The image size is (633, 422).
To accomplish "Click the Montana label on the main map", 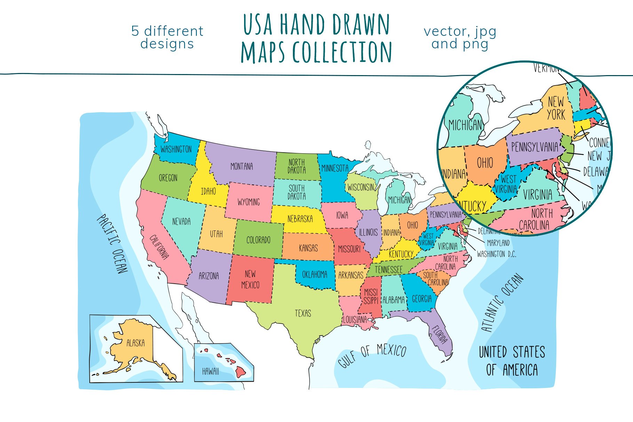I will [241, 167].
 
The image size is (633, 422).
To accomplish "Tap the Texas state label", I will [303, 313].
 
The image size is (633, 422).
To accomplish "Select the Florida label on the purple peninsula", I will [440, 334].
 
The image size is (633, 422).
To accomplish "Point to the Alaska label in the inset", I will [135, 343].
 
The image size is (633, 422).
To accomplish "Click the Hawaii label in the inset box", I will [210, 371].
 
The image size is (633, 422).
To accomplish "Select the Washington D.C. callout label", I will [496, 254].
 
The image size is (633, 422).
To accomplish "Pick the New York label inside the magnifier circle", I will [556, 108].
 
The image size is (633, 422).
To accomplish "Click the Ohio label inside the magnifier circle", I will [484, 163].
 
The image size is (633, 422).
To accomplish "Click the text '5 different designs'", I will [167, 38].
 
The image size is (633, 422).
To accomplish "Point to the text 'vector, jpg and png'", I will [460, 38].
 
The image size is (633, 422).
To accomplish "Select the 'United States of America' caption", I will [512, 361].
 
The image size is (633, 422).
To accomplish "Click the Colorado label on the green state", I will [258, 240].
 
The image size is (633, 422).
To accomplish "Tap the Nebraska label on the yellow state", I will [300, 219].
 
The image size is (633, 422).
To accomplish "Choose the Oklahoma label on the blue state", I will [314, 275].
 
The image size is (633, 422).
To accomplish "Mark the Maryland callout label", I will [498, 243].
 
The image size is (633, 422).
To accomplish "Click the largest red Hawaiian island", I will [241, 373].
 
